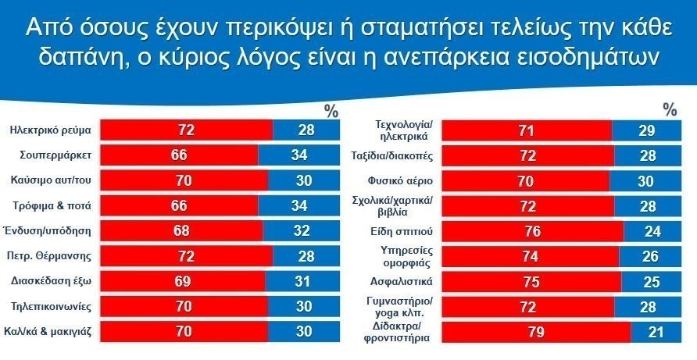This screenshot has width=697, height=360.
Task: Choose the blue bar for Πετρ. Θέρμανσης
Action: coord(306,255)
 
